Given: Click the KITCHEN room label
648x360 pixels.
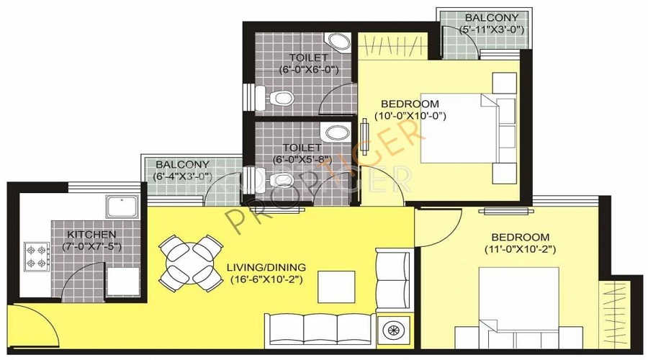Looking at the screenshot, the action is (91, 235).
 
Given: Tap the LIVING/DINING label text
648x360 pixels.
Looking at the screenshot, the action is (266, 267).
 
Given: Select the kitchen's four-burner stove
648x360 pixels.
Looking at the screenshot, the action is (37, 256).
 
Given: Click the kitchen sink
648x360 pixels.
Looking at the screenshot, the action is (122, 207).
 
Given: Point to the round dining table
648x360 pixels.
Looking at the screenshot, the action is (190, 263).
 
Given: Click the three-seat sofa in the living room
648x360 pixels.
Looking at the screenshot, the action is (320, 330).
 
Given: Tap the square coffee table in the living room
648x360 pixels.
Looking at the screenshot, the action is (336, 287).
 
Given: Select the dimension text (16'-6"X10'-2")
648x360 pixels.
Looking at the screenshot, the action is (266, 280).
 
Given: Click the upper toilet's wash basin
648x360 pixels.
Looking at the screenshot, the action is (338, 42).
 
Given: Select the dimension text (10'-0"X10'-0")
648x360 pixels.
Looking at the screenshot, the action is (410, 116).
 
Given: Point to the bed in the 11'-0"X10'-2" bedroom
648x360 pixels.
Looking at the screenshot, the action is (518, 308).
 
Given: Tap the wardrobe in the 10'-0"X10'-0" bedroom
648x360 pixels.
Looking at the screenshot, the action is (392, 46).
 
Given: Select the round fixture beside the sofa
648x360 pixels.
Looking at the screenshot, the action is (393, 330).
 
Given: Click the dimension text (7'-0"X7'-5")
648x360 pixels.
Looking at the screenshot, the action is (91, 247).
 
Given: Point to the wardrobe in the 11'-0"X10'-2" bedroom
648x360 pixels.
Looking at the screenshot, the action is (615, 314).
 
